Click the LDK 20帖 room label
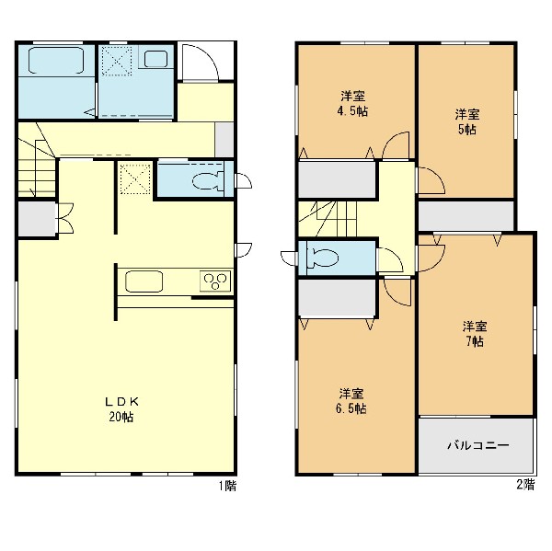(x=121, y=409)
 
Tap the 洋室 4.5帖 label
(x=352, y=104)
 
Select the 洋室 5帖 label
(x=467, y=121)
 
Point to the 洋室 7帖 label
(x=475, y=334)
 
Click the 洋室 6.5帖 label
(x=351, y=401)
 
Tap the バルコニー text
(x=478, y=445)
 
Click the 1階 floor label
(x=228, y=486)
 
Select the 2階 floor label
(x=525, y=485)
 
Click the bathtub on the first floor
(x=56, y=60)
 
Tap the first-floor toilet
(x=208, y=180)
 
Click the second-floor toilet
(x=323, y=258)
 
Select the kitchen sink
(x=144, y=281)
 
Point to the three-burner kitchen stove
(x=215, y=281)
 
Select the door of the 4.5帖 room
(x=396, y=145)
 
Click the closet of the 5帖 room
(x=466, y=215)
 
